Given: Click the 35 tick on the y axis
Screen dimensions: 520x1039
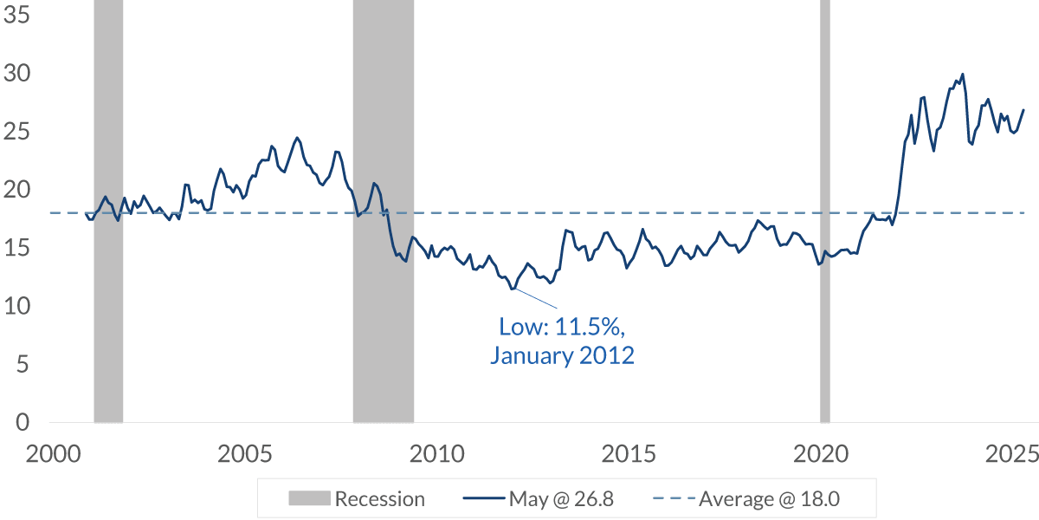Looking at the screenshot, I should coord(16,16).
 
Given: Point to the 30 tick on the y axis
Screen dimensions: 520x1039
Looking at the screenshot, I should coord(16,74).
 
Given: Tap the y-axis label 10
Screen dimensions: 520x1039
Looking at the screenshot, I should coord(16,307).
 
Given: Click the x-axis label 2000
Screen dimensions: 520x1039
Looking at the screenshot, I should coord(49,454).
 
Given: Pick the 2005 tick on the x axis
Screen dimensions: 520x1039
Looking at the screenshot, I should coord(242,454).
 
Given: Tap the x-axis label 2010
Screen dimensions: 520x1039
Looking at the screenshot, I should coord(435,454).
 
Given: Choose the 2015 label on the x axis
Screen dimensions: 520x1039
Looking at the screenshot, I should coord(627,454).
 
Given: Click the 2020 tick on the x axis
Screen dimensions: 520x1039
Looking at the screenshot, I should coord(820,454).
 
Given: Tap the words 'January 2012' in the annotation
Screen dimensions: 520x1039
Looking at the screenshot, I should coord(562,355).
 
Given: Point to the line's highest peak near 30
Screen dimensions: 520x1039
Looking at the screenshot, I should coord(962,74).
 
